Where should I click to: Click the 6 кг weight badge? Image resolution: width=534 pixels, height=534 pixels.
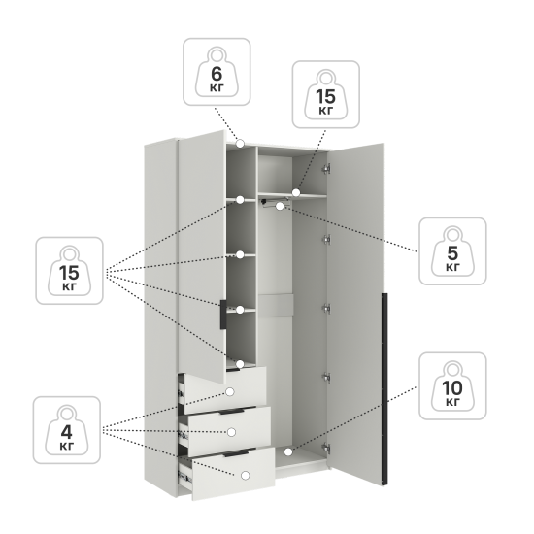(217, 72)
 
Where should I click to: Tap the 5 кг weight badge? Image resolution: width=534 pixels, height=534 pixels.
(452, 251)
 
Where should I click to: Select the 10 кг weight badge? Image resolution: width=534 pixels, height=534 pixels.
(452, 385)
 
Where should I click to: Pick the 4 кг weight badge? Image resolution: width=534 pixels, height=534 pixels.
(67, 430)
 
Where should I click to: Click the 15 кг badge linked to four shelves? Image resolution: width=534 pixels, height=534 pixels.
(70, 271)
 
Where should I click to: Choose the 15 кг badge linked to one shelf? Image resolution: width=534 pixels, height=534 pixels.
(326, 95)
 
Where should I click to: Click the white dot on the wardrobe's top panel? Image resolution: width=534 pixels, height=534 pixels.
(240, 144)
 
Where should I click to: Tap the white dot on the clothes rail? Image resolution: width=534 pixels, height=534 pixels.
(280, 206)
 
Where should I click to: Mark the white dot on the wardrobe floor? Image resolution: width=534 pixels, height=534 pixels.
(288, 452)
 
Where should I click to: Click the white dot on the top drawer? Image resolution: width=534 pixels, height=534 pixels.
(230, 392)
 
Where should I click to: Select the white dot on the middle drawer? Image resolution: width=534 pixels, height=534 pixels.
(232, 432)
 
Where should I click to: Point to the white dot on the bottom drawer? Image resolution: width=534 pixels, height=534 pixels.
(245, 476)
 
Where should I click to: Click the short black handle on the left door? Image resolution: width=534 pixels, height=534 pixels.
(223, 315)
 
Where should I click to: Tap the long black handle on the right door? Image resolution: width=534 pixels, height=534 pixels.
(384, 388)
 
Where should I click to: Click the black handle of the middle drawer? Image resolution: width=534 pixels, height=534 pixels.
(232, 412)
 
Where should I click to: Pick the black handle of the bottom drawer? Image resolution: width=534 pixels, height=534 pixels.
(236, 453)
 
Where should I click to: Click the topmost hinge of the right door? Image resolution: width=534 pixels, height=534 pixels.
(326, 169)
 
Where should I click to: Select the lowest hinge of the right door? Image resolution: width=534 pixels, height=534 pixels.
(326, 448)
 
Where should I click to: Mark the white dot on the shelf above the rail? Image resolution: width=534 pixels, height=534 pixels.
(296, 193)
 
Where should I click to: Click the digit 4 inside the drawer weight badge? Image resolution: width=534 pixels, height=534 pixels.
(67, 432)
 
